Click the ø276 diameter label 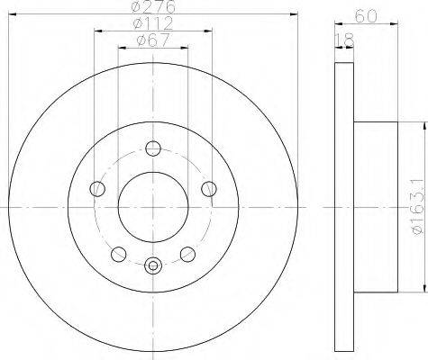click(153, 7)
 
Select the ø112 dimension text click(153, 23)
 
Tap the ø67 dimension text click(153, 40)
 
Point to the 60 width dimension click(366, 15)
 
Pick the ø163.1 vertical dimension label click(420, 207)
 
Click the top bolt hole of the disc click(153, 148)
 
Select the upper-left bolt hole click(97, 189)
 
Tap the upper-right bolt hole click(209, 189)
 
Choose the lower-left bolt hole click(119, 255)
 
